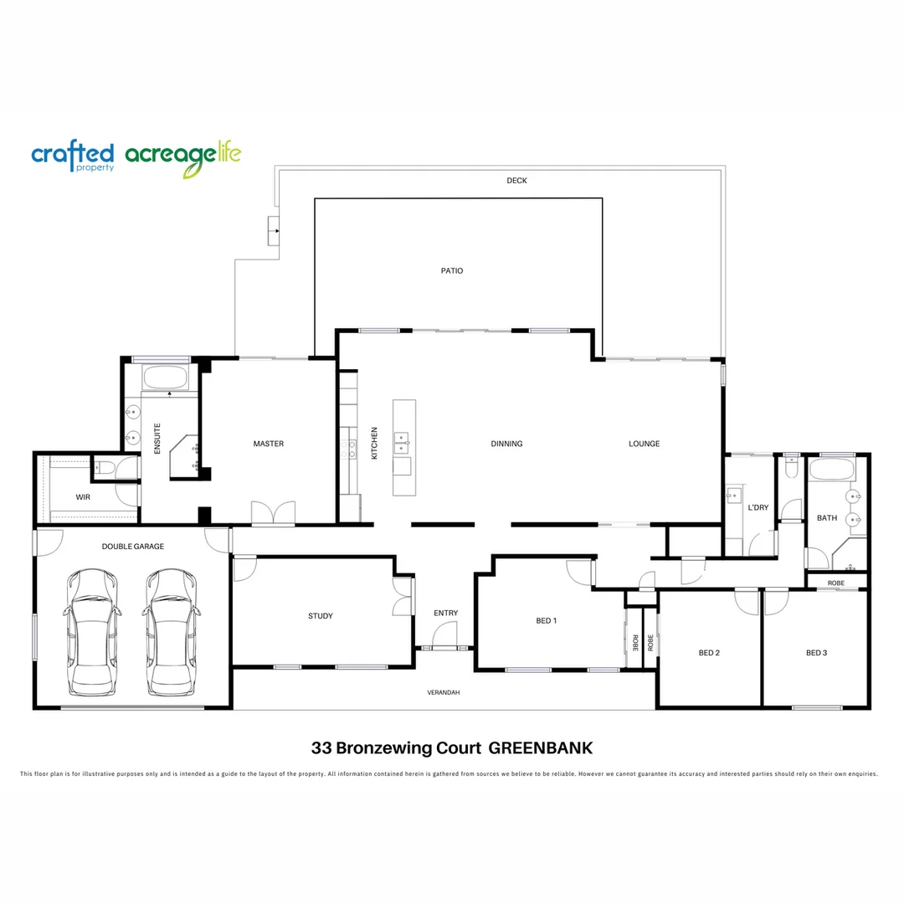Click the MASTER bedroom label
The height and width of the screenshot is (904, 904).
(x=268, y=444)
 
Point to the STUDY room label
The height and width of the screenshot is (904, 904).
(x=320, y=616)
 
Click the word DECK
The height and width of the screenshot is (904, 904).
(x=516, y=181)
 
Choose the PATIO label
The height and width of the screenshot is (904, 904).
(x=452, y=271)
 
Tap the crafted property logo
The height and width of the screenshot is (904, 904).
(x=72, y=157)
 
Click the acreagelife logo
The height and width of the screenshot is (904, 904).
(x=182, y=159)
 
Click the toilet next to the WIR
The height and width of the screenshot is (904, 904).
(x=105, y=468)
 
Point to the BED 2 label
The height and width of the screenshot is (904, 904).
(x=709, y=653)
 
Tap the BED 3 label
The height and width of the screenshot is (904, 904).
(x=816, y=653)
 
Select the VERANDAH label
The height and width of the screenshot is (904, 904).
(x=444, y=693)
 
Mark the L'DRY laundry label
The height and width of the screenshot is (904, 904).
(x=758, y=508)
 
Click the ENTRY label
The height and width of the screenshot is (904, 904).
(x=445, y=614)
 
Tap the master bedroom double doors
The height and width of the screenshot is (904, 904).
(x=274, y=513)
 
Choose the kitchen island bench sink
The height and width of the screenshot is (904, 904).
(x=403, y=438)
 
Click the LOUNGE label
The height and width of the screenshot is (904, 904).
(x=645, y=444)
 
